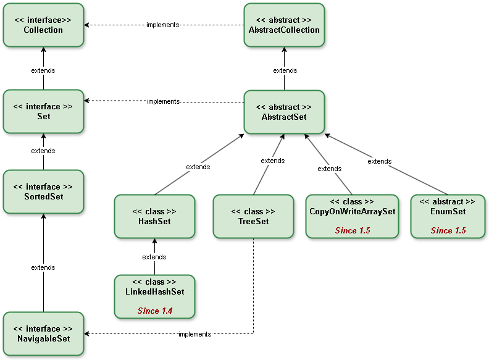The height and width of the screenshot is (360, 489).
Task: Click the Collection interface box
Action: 43,25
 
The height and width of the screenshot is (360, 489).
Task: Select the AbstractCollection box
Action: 284,25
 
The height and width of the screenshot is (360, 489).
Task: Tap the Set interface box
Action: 43,111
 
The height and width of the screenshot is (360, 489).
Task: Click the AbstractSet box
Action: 284,112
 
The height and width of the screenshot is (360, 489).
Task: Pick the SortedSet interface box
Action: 43,191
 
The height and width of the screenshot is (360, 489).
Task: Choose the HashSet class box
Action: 154,216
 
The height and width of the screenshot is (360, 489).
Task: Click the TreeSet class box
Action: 253,216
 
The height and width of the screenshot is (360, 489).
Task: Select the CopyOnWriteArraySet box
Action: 352,216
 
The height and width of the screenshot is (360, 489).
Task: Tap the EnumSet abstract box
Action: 448,216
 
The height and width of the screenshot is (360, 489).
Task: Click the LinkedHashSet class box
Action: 154,296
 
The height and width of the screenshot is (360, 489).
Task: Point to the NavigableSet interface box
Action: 43,333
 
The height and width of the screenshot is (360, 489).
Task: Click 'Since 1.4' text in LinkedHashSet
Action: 154,311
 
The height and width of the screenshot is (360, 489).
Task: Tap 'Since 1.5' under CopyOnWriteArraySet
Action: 353,230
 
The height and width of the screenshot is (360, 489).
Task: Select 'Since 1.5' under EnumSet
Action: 448,230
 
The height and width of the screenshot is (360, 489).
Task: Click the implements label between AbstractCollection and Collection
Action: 162,25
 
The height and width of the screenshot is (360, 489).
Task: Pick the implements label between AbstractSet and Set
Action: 163,101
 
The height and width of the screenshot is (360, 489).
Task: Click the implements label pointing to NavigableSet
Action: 194,334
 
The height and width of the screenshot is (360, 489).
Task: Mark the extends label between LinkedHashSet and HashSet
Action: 154,257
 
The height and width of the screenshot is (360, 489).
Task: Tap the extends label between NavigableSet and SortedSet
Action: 43,267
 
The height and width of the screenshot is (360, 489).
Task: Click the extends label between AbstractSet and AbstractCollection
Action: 285,70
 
